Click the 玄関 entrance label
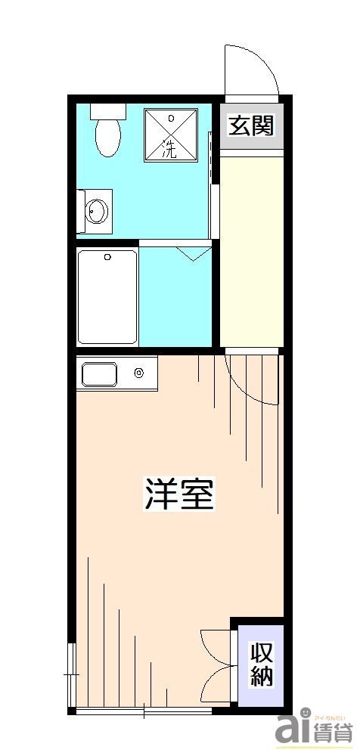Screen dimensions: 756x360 [x=251, y=126]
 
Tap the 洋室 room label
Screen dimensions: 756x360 [x=180, y=493]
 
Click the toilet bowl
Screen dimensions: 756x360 [x=109, y=138]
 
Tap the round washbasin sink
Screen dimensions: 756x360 [x=95, y=209]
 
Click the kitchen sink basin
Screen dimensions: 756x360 [x=99, y=374]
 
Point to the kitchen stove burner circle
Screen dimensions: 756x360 [x=139, y=372]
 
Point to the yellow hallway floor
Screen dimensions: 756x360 [x=250, y=249]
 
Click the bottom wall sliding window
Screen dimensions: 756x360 [x=144, y=711]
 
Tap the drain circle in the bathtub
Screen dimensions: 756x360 [x=108, y=258]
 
